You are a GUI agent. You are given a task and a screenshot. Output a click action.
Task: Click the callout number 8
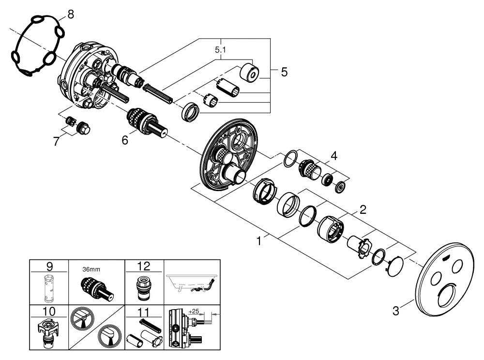71,14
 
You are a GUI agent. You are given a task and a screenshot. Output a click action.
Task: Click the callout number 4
333,156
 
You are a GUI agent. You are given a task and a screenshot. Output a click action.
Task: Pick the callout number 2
363,210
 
